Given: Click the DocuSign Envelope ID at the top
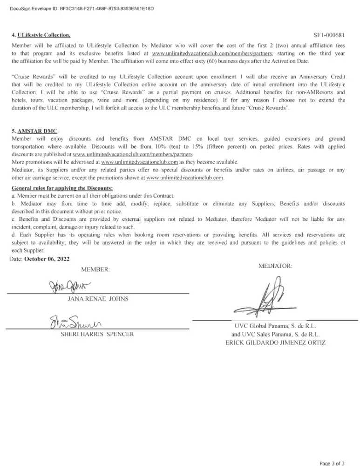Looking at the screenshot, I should [82, 8].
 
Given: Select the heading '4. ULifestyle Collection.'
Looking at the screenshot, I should [41, 35].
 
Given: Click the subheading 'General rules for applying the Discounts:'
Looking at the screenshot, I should [62, 188].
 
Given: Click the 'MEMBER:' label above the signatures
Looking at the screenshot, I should [95, 270].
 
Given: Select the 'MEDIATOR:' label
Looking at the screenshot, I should [275, 266].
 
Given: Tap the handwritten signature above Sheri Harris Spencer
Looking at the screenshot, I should [75, 322].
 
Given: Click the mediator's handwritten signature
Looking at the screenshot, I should [270, 298].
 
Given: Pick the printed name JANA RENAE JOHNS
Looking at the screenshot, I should [98, 299].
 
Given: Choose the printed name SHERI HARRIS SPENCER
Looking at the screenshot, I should [97, 334].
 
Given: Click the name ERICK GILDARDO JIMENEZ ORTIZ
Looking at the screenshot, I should [275, 343].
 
